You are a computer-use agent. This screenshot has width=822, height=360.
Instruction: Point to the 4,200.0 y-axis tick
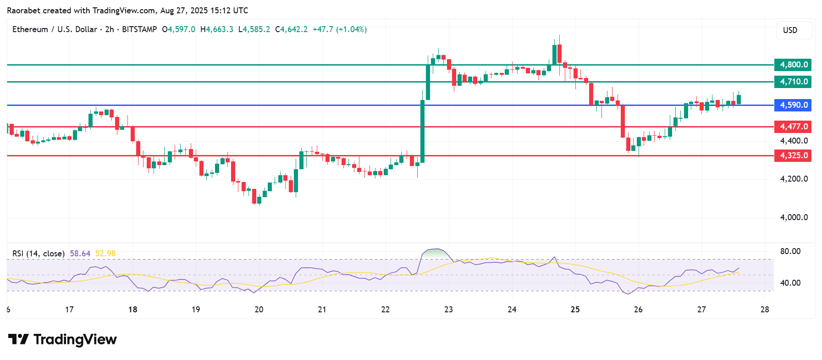pyautogui.click(x=794, y=179)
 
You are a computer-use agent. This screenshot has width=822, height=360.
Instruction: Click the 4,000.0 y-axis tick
pyautogui.click(x=794, y=217)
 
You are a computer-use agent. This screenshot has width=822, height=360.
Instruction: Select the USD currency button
pyautogui.click(x=790, y=30)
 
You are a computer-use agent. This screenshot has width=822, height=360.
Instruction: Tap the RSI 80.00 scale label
pyautogui.click(x=790, y=251)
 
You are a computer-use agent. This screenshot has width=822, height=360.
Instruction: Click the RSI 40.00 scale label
pyautogui.click(x=790, y=283)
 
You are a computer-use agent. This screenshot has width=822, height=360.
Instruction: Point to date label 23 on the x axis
pyautogui.click(x=448, y=310)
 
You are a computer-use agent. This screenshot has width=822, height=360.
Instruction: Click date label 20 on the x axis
pyautogui.click(x=259, y=310)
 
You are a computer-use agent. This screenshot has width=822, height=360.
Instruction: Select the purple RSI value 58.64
pyautogui.click(x=80, y=254)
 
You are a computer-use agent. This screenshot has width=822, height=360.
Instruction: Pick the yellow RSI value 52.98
pyautogui.click(x=105, y=254)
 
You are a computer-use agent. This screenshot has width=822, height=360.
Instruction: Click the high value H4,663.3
pyautogui.click(x=216, y=29)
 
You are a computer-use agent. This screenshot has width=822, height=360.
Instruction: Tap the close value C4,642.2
pyautogui.click(x=291, y=29)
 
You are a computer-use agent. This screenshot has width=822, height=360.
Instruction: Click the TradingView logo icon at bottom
pyautogui.click(x=18, y=339)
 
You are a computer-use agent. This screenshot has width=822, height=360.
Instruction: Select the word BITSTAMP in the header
pyautogui.click(x=139, y=29)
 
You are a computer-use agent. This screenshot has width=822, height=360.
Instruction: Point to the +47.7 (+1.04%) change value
pyautogui.click(x=340, y=29)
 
